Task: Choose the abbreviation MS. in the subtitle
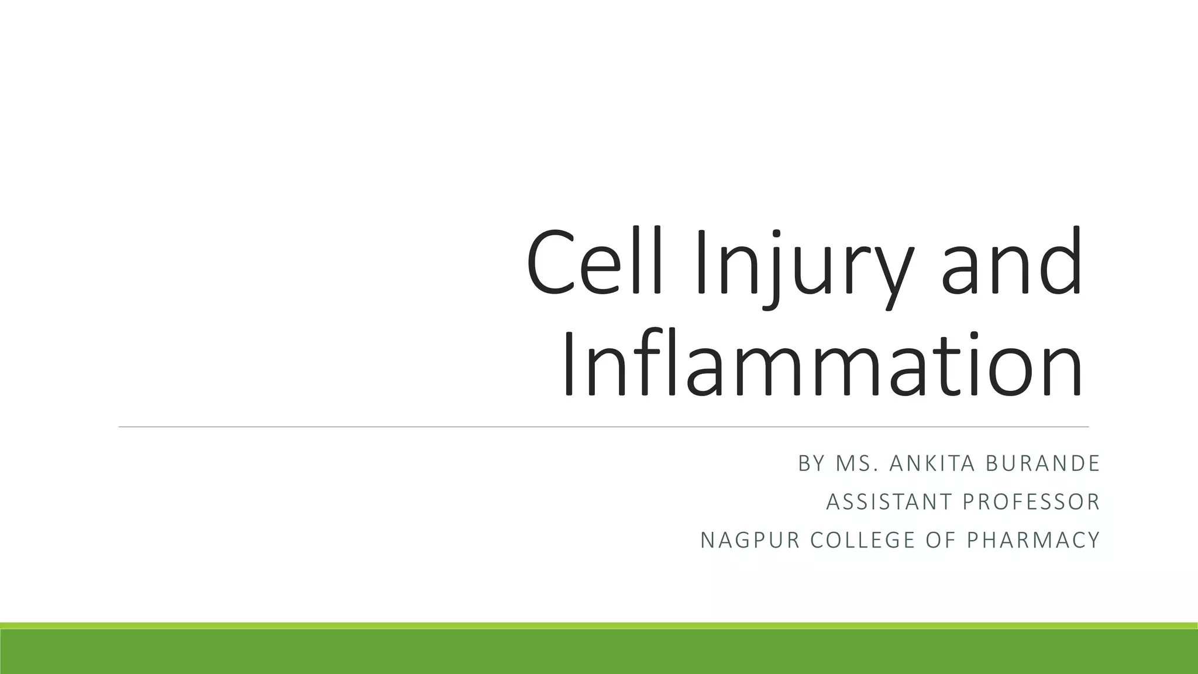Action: [858, 463]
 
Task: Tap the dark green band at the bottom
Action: [599, 652]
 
